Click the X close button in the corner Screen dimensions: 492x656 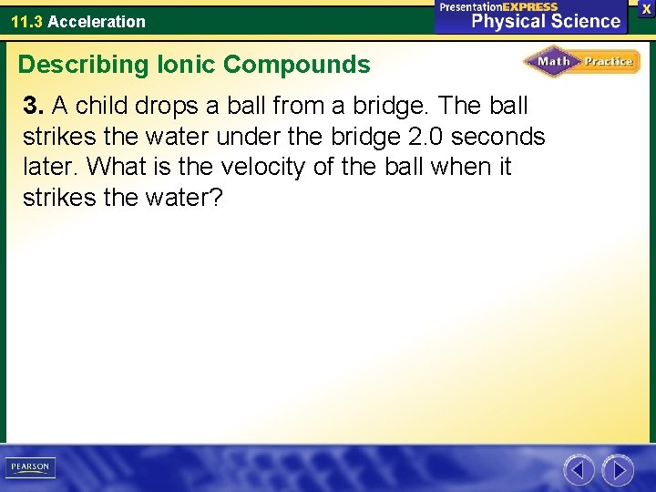click(646, 7)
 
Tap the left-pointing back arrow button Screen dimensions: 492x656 click(579, 470)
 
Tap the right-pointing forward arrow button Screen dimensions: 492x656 click(618, 470)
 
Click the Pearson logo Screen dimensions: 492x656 click(30, 467)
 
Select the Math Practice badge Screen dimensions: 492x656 click(581, 62)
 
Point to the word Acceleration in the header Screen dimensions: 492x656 click(97, 21)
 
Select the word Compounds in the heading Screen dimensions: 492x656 click(297, 65)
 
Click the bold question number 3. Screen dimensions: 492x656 click(34, 107)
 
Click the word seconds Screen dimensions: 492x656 click(497, 138)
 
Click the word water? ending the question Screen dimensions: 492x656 click(181, 198)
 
